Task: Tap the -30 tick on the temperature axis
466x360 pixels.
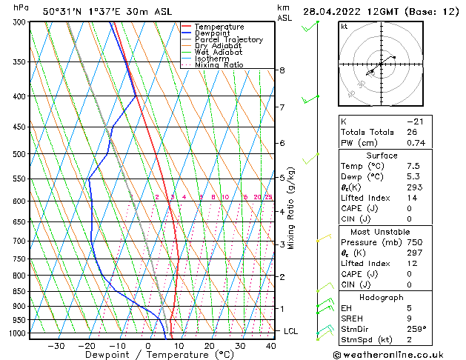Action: [x=56, y=346]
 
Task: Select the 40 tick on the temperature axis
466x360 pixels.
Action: [x=270, y=346]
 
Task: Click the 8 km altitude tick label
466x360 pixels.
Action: [x=282, y=70]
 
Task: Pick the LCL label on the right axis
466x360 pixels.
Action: [x=290, y=331]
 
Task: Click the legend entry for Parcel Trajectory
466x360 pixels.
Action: [x=228, y=39]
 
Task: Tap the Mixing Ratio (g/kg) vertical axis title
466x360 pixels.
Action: [x=291, y=208]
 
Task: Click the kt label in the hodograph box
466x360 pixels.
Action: [x=344, y=26]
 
